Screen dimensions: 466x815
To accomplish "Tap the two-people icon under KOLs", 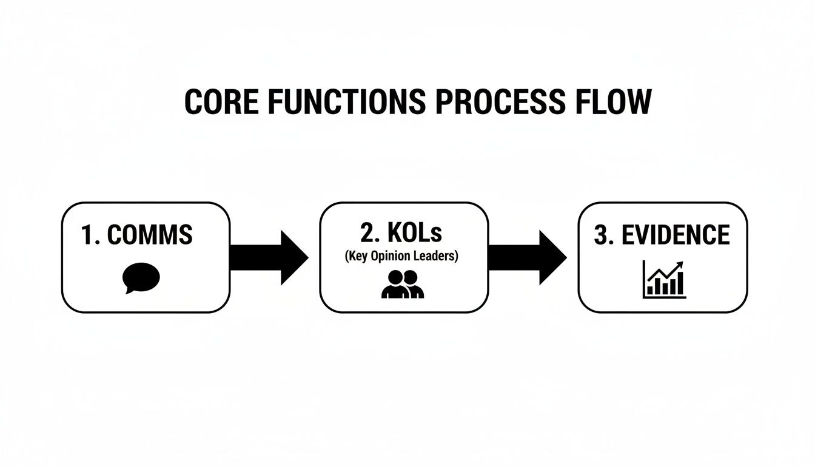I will pyautogui.click(x=403, y=284).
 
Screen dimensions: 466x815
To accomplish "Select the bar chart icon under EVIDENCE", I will pyautogui.click(x=665, y=281).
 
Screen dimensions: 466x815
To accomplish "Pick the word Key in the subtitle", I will pyautogui.click(x=357, y=256).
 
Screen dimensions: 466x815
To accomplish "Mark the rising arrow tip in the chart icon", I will pyautogui.click(x=681, y=265).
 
